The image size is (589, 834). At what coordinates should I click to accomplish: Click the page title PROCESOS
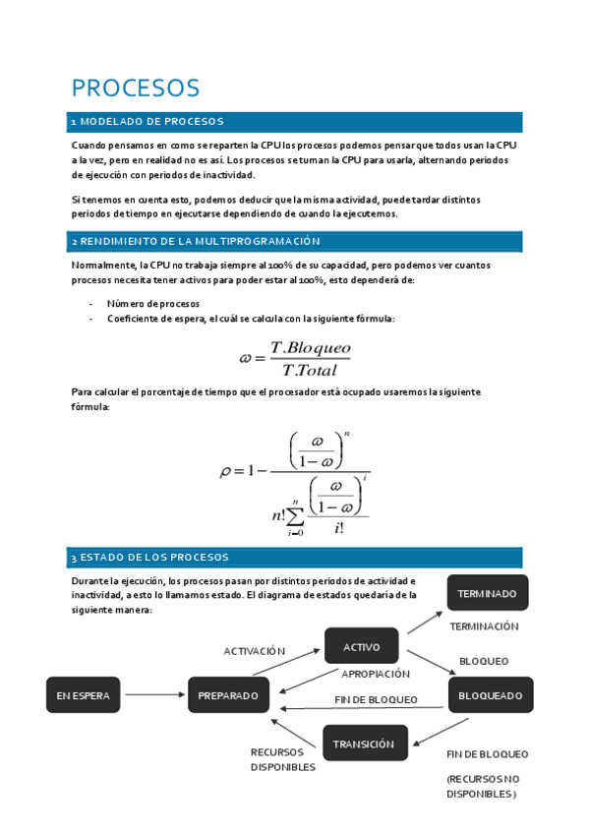(136, 88)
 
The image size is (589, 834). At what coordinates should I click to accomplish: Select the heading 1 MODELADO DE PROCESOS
(147, 122)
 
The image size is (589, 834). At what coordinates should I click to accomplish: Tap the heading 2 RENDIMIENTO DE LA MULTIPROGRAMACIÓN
(197, 241)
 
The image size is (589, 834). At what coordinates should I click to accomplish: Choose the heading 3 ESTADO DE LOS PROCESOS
(149, 558)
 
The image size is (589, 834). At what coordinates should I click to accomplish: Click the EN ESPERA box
(84, 695)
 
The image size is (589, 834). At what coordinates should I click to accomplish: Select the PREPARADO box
(228, 695)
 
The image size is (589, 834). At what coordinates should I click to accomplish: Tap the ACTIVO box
(362, 646)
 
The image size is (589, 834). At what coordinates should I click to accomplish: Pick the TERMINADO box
(488, 594)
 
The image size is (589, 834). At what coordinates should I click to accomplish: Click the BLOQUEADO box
(491, 695)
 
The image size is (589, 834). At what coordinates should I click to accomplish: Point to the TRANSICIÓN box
(362, 744)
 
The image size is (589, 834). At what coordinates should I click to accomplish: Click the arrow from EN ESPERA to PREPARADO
(155, 695)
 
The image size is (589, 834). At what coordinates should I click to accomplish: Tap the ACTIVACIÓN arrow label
(255, 651)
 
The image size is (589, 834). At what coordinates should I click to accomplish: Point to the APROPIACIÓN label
(376, 674)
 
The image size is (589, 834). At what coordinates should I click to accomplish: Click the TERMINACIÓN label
(484, 626)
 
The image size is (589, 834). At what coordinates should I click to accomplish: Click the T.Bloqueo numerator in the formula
(310, 348)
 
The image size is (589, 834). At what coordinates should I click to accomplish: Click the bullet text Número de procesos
(153, 304)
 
